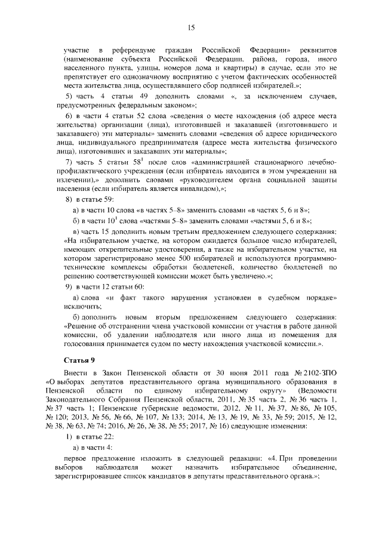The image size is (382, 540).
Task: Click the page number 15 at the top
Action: coord(191,27)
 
